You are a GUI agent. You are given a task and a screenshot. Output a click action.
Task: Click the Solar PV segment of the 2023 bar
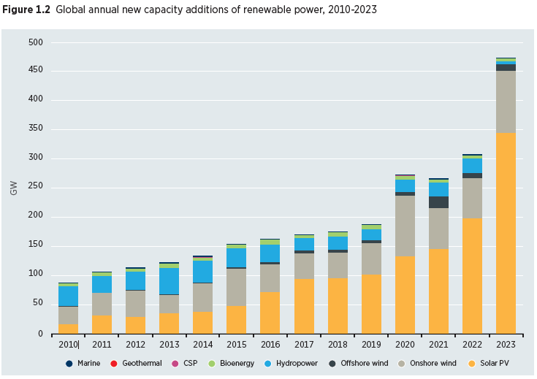[x=506, y=233]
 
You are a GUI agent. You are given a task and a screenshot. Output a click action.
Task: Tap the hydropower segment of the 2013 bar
[x=170, y=281]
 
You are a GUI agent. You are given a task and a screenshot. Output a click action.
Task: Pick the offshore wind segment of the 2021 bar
[x=438, y=202]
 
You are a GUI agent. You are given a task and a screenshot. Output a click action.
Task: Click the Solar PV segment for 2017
[x=304, y=306]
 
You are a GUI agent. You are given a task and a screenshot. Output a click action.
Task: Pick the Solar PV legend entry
[x=490, y=363]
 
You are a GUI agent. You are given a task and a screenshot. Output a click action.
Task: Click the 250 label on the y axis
[x=36, y=187]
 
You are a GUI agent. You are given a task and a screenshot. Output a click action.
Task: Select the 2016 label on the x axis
[x=270, y=343]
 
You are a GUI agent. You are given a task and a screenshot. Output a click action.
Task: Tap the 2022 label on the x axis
[x=472, y=343]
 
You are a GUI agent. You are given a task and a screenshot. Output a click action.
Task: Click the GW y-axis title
[x=14, y=188]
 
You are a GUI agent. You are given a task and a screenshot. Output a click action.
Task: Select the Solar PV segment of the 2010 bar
[x=69, y=329]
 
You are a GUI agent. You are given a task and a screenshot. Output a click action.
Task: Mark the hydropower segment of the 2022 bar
[x=472, y=166]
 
